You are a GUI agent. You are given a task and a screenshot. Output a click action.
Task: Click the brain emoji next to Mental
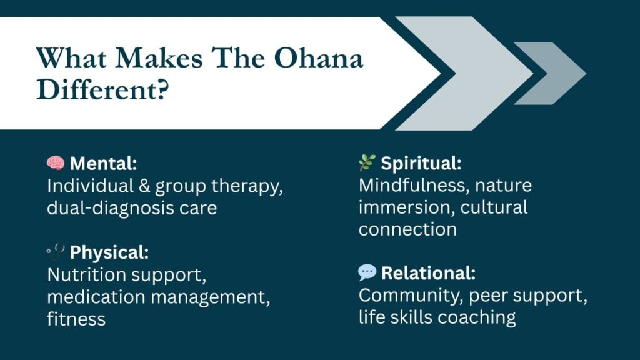[x=56, y=164]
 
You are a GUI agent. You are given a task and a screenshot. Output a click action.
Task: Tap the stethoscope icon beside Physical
[x=56, y=252]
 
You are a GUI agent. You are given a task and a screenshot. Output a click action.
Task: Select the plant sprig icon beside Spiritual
[x=367, y=164]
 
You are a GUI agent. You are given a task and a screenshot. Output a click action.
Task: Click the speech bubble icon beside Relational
[x=367, y=272]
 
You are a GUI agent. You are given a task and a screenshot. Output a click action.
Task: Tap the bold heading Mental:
[x=103, y=164]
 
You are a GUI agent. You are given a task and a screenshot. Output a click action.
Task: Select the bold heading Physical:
[x=109, y=252]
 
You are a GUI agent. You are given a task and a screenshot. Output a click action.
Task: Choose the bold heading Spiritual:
[x=421, y=164]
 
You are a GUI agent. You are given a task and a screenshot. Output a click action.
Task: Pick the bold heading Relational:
[x=428, y=273]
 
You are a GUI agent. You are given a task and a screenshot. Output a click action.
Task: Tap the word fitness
[x=76, y=319]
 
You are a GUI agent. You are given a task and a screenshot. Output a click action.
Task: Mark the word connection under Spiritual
[x=407, y=229]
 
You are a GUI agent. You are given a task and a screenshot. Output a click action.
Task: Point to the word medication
[x=96, y=297]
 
